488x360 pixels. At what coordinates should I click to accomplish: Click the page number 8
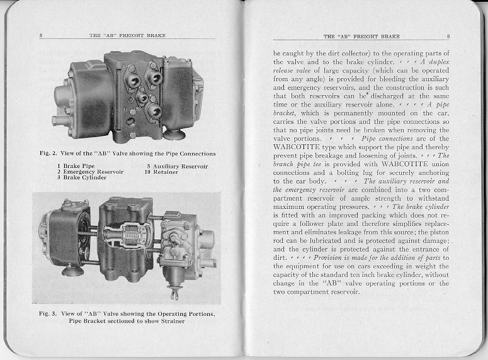click(x=40, y=36)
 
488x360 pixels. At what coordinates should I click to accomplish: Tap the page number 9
click(x=448, y=37)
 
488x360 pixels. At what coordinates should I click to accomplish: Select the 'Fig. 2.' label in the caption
click(x=48, y=153)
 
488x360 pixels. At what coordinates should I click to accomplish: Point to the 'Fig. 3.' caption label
click(x=48, y=313)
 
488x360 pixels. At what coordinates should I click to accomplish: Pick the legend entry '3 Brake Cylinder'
click(x=81, y=177)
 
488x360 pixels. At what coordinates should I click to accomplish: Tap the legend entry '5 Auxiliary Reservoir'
click(x=177, y=166)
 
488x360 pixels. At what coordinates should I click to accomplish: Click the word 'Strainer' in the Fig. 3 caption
click(x=169, y=320)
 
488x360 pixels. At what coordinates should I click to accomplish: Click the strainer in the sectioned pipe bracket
click(x=131, y=237)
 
